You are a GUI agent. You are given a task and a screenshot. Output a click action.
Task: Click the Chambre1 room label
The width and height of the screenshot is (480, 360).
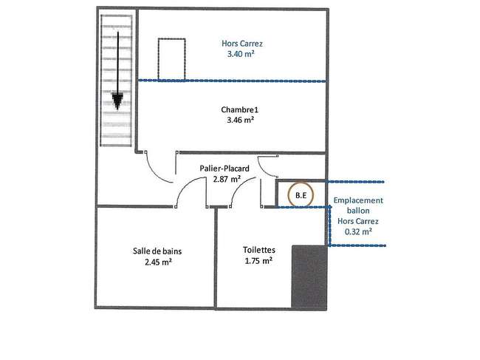[240, 109]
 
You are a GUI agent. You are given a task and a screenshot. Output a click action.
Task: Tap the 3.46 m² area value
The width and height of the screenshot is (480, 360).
[240, 120]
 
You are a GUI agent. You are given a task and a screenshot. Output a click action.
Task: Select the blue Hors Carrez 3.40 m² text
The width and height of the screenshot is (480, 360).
[241, 49]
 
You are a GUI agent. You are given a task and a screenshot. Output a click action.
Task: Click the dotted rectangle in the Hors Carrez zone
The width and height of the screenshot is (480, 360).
[172, 38]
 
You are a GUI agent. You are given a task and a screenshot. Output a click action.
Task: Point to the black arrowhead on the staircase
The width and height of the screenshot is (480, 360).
[117, 101]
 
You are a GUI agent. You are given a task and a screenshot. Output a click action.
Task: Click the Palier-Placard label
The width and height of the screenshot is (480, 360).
[224, 169]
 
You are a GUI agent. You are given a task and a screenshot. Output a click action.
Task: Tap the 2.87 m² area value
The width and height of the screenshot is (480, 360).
[227, 179]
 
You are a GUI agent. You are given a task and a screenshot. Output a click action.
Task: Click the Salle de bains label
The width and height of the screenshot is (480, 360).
[157, 251]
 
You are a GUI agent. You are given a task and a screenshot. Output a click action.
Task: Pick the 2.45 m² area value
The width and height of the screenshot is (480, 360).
[158, 262]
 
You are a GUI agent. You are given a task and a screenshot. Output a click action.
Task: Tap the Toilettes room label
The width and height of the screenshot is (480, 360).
[259, 250]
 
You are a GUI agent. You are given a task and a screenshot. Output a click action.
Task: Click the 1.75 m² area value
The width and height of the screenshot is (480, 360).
[258, 261]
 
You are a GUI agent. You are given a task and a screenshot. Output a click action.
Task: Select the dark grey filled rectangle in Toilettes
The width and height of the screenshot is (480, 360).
[309, 277]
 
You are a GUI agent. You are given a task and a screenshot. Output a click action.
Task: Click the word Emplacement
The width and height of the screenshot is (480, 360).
[358, 200]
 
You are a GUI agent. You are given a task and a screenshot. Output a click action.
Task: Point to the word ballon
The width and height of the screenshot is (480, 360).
[358, 211]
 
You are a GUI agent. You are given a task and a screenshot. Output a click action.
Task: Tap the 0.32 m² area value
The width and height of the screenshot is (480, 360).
[358, 231]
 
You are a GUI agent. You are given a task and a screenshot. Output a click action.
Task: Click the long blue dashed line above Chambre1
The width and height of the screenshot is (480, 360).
[232, 81]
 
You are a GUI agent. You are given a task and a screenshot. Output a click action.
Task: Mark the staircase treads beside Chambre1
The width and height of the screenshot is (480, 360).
[117, 81]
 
